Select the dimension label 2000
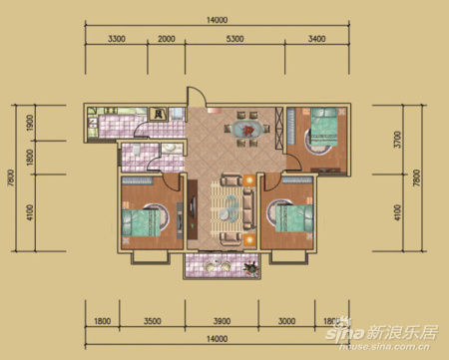(166, 41)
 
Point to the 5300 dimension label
(235, 41)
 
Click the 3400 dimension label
(316, 41)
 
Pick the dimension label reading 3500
(152, 322)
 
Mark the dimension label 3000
(285, 322)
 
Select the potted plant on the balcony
(245, 267)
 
